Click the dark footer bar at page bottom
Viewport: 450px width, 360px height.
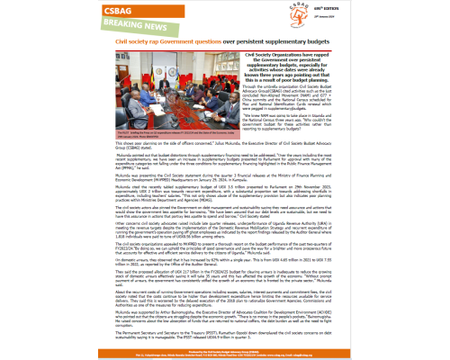click(225, 352)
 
